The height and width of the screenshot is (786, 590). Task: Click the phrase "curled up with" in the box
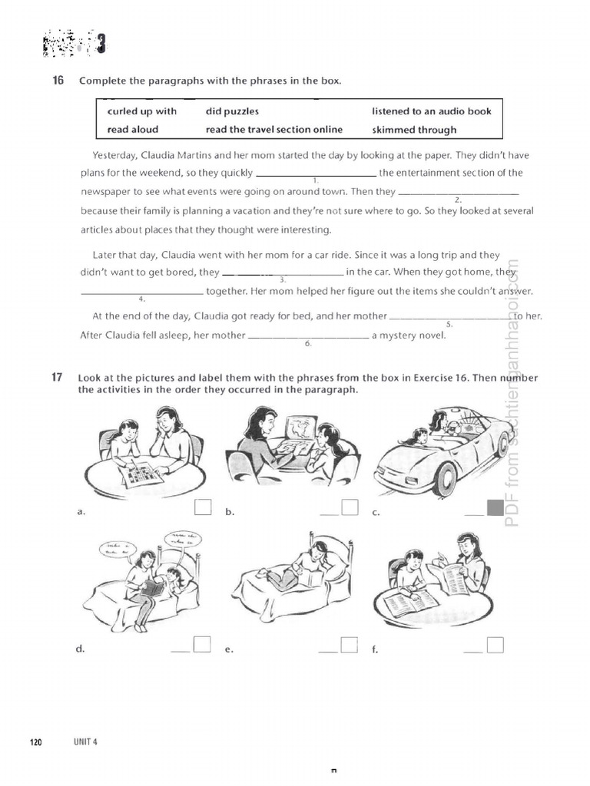coord(141,111)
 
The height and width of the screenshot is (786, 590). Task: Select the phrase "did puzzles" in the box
coord(232,111)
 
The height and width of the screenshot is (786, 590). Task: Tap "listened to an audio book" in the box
coord(431,111)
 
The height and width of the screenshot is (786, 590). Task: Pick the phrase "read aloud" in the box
coord(133,130)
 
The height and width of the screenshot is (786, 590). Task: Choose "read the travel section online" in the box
coord(273,130)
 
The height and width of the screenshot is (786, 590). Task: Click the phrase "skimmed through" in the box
coord(414,130)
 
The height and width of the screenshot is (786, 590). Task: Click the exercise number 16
coord(58,81)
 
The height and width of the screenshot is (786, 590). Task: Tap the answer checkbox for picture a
coord(203,507)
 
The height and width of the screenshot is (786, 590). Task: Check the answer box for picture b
coord(350,507)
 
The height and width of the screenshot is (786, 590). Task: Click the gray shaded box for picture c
coord(496,507)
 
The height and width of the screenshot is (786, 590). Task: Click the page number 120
coord(35,741)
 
